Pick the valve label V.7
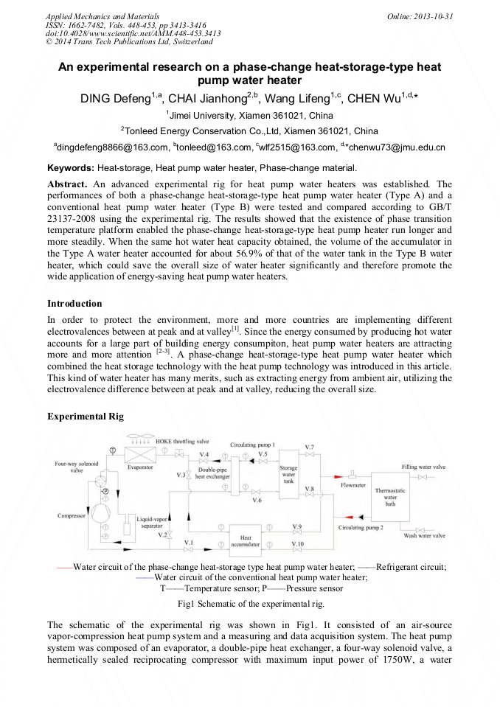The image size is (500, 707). point(310,447)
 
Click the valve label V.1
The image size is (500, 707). point(189,542)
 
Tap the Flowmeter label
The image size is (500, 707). point(353,485)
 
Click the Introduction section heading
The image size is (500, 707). point(74,303)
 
